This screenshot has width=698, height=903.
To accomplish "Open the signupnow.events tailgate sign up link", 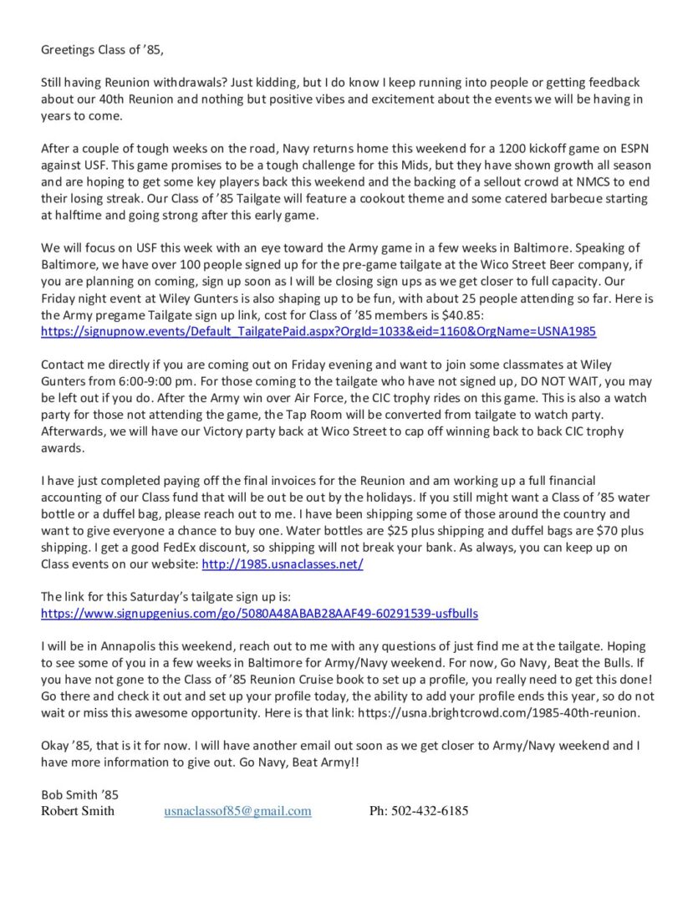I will tap(318, 332).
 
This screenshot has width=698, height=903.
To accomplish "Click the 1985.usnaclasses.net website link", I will tap(283, 564).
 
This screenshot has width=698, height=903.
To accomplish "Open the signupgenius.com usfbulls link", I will tap(260, 613).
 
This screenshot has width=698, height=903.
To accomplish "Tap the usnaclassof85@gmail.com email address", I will tap(237, 810).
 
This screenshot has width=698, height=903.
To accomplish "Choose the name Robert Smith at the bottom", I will tap(78, 810).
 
